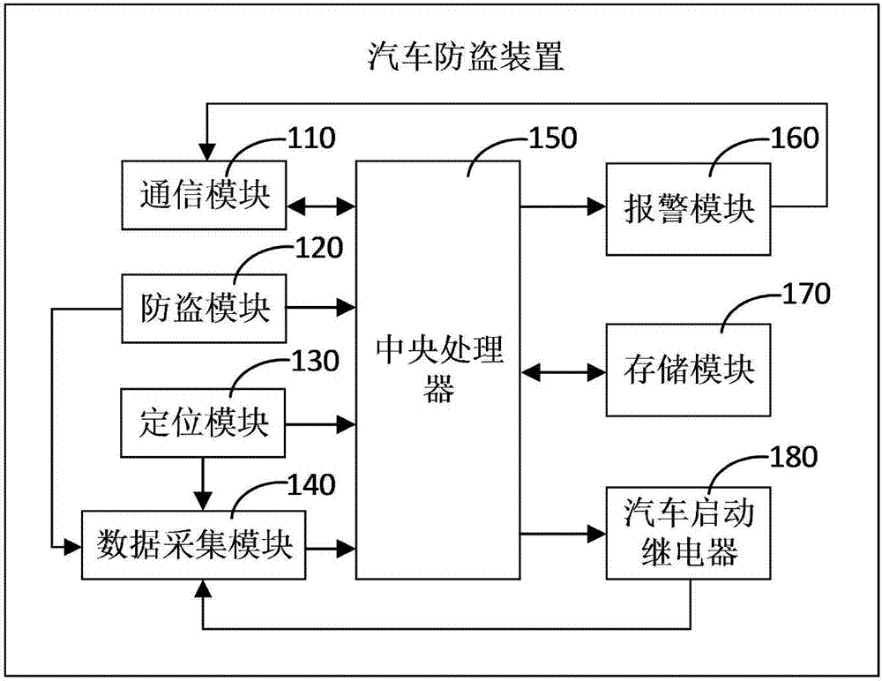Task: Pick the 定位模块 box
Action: point(204,424)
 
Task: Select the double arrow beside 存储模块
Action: point(561,371)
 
